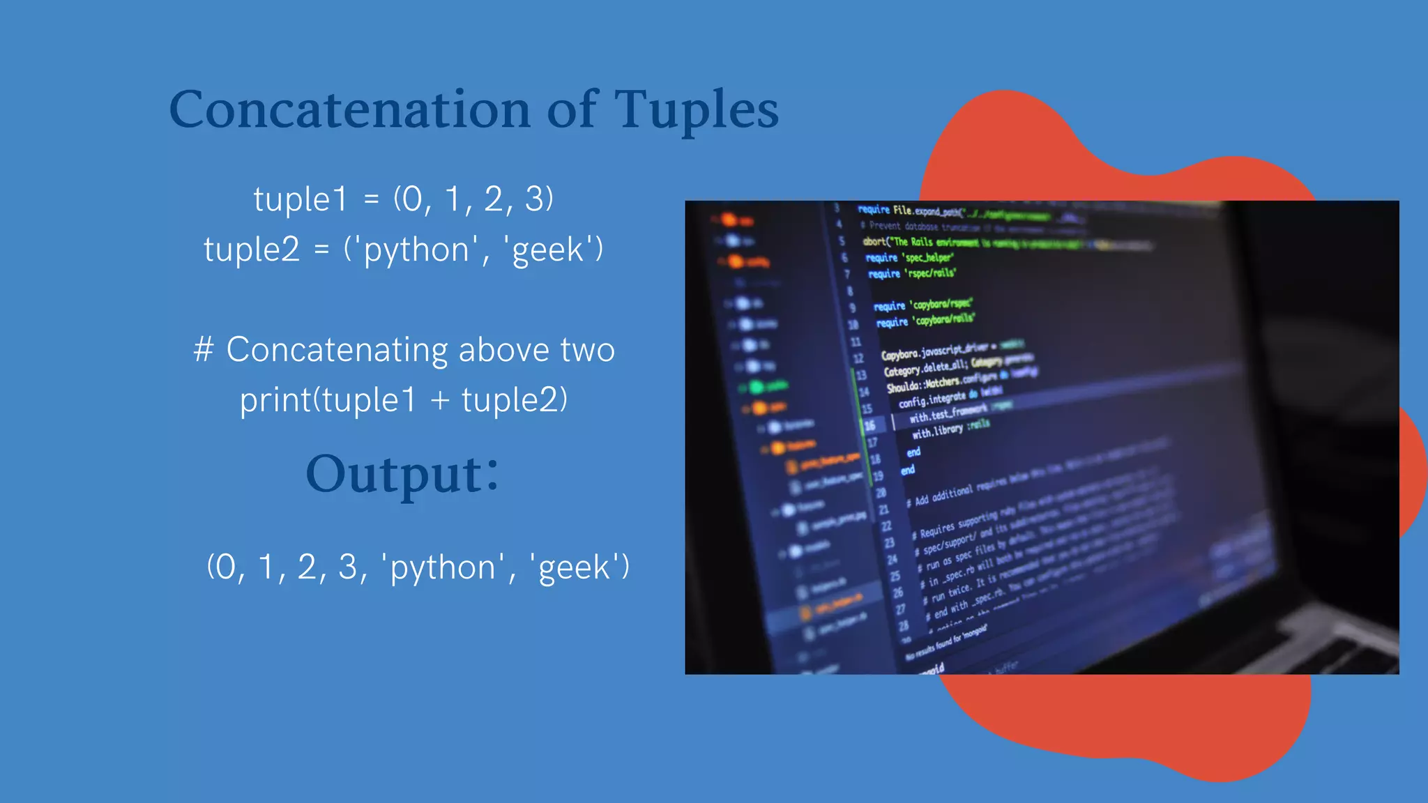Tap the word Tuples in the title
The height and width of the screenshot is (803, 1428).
[696, 109]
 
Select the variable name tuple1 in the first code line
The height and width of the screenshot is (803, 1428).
[300, 199]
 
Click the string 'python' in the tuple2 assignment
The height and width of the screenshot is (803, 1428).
[416, 250]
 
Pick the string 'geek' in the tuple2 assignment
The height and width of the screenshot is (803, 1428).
[547, 250]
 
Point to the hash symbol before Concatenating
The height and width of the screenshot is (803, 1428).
[203, 349]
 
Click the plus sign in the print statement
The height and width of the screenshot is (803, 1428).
[439, 400]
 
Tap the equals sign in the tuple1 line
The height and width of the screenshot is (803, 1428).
[371, 199]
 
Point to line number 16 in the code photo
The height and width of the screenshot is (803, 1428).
[869, 425]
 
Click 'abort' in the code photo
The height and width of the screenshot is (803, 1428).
[874, 241]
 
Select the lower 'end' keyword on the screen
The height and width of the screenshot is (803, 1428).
[907, 471]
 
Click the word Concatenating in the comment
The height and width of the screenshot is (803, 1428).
[337, 349]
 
